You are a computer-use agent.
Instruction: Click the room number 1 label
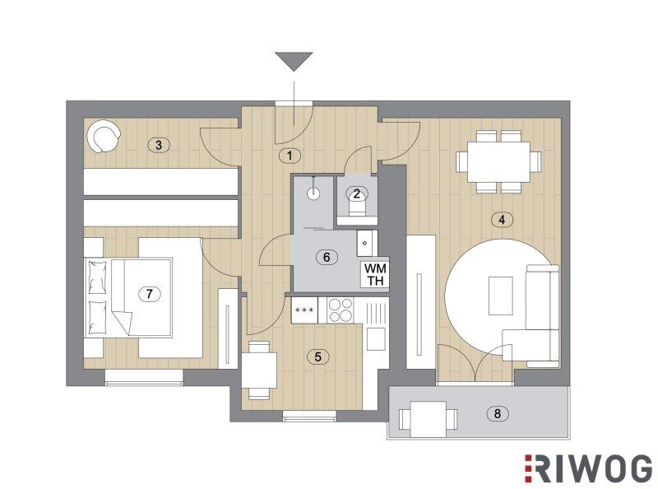pyautogui.click(x=290, y=156)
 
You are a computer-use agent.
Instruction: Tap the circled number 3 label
pyautogui.click(x=158, y=146)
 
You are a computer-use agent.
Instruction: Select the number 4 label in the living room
pyautogui.click(x=502, y=219)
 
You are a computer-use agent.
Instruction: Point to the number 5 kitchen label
pyautogui.click(x=317, y=357)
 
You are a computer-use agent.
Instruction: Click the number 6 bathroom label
pyautogui.click(x=327, y=257)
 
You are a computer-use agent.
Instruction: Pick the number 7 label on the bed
pyautogui.click(x=150, y=294)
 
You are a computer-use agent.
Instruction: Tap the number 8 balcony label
pyautogui.click(x=498, y=413)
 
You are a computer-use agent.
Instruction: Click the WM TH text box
pyautogui.click(x=376, y=274)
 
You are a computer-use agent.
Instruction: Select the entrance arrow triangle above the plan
pyautogui.click(x=294, y=62)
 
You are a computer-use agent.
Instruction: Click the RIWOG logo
pyautogui.click(x=588, y=468)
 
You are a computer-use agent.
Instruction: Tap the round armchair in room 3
pyautogui.click(x=104, y=136)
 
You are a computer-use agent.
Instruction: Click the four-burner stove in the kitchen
pyautogui.click(x=341, y=310)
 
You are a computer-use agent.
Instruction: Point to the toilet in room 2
pyautogui.click(x=357, y=206)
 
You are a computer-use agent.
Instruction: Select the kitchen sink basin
pyautogui.click(x=376, y=339)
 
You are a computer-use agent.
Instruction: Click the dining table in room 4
pyautogui.click(x=499, y=161)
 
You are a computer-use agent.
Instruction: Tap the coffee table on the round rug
pyautogui.click(x=501, y=296)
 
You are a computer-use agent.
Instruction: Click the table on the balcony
pyautogui.click(x=428, y=419)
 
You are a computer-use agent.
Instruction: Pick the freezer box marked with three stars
pyautogui.click(x=305, y=310)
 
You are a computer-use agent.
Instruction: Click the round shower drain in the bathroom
pyautogui.click(x=313, y=193)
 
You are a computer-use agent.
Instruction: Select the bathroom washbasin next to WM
pyautogui.click(x=365, y=242)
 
